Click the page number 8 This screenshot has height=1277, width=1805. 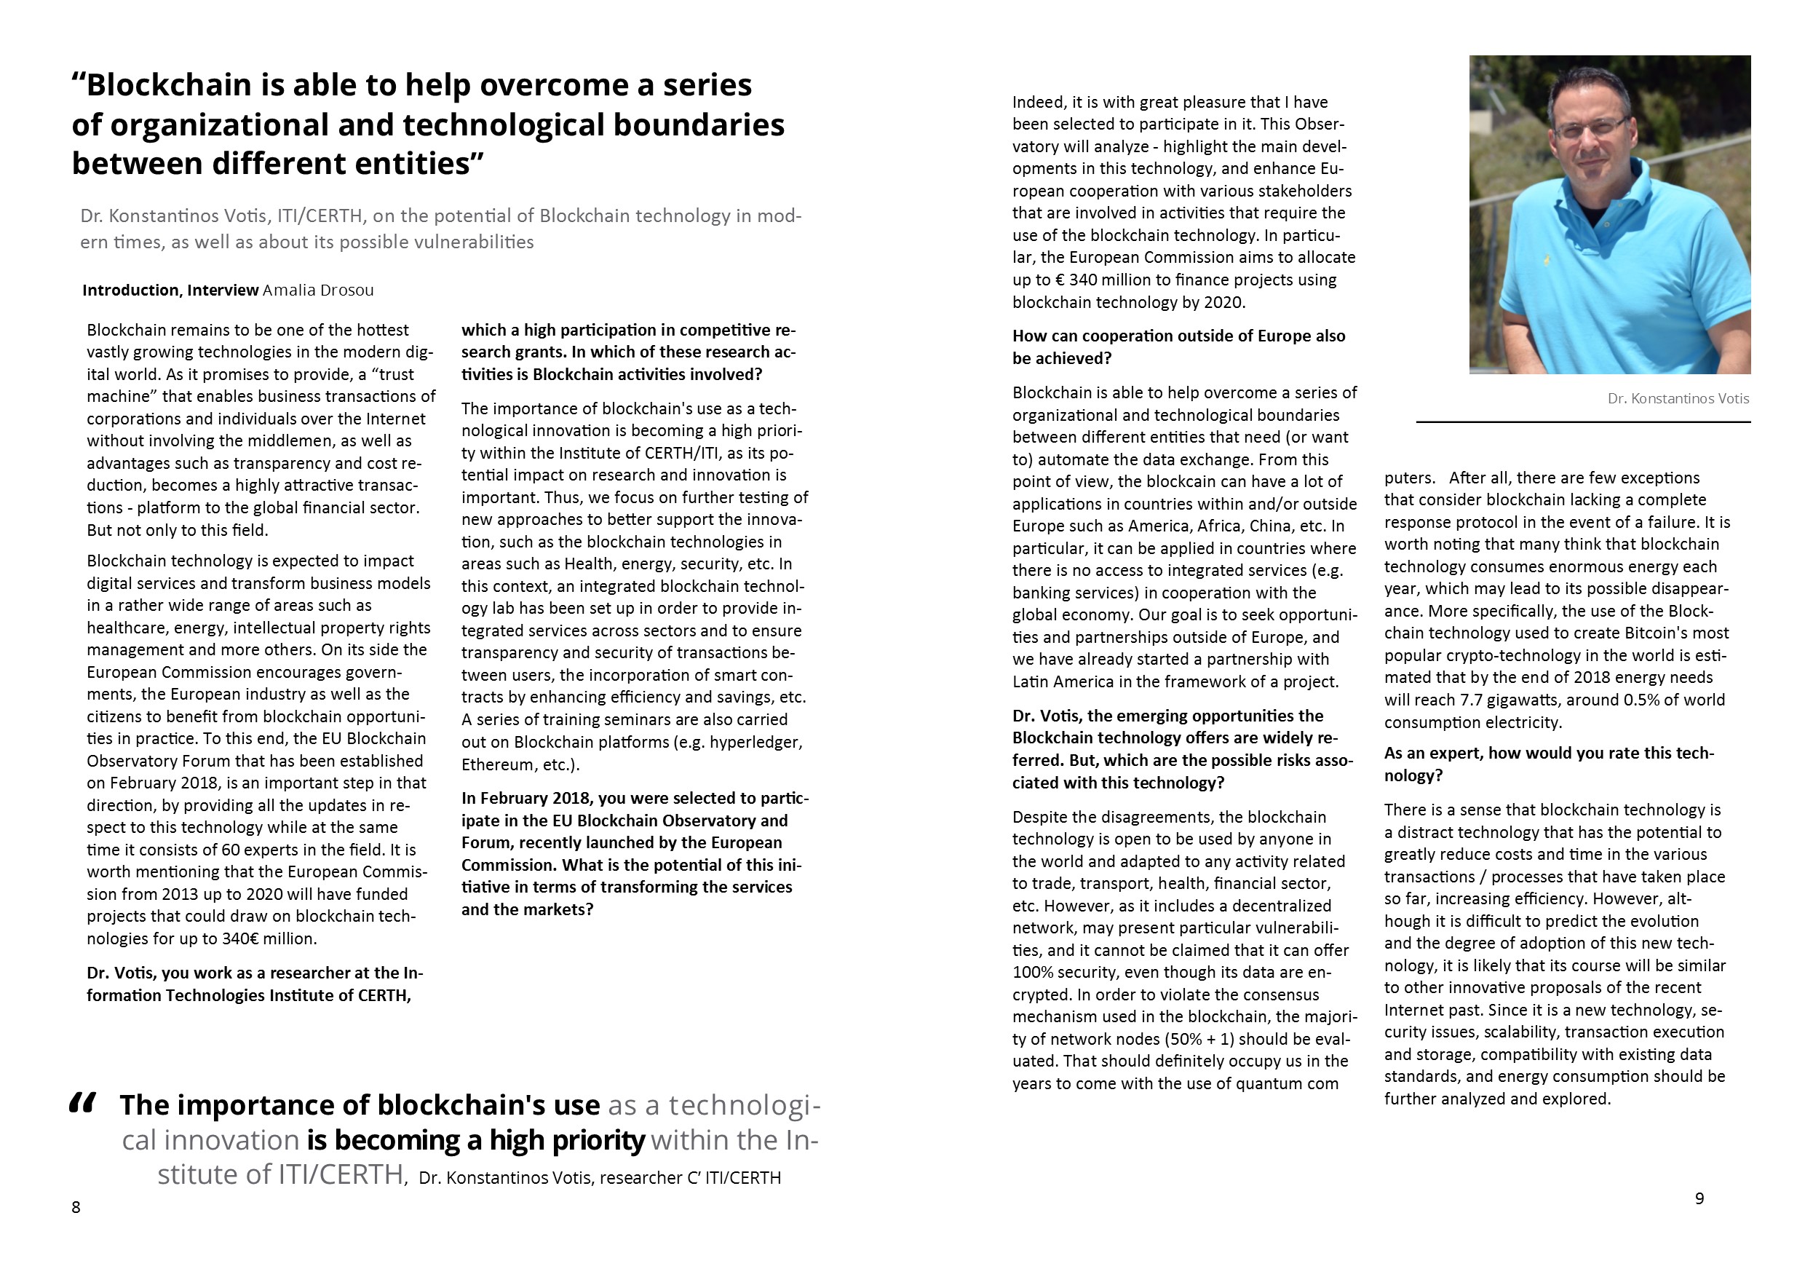pos(76,1207)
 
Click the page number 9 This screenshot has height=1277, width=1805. pos(1699,1198)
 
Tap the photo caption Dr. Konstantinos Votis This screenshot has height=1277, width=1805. pos(1678,399)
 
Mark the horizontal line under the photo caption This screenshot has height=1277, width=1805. pos(1583,422)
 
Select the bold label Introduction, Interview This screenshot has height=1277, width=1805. pos(170,290)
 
